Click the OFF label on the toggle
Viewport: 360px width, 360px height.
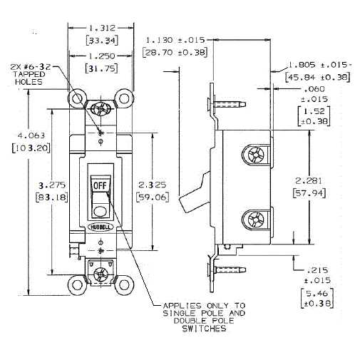(100, 185)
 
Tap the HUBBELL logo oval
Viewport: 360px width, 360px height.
(101, 227)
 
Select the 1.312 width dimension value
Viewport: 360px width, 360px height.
(102, 29)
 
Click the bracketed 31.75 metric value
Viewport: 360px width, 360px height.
(101, 68)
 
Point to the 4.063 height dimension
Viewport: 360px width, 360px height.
(31, 135)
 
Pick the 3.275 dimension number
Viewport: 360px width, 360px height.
(52, 185)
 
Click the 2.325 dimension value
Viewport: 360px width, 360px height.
(153, 185)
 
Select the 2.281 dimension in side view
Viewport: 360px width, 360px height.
(309, 181)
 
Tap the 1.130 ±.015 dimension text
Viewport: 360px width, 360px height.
(175, 40)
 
